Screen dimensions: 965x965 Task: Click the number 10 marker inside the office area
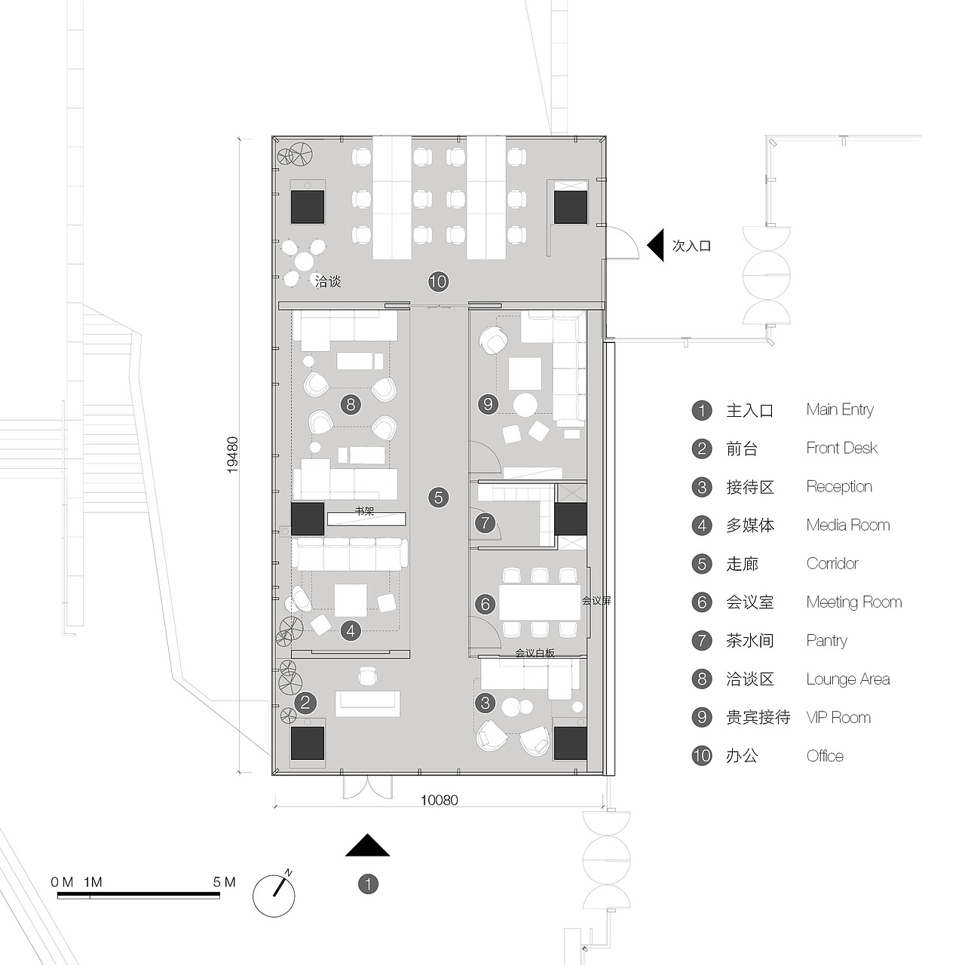tap(438, 282)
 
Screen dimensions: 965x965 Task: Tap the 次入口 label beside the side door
tap(691, 246)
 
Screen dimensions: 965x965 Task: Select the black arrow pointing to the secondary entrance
tap(655, 246)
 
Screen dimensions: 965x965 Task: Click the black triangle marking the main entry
tap(367, 847)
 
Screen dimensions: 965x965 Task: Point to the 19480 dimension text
tap(233, 455)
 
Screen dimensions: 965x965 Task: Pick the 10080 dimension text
tap(439, 800)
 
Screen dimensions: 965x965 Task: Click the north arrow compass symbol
tap(274, 894)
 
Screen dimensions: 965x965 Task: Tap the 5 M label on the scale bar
tap(225, 882)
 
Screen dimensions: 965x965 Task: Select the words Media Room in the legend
tap(847, 525)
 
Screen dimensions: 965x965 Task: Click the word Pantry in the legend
tap(826, 641)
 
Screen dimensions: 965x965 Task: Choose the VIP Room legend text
tap(838, 718)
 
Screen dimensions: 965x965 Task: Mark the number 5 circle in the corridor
tap(438, 498)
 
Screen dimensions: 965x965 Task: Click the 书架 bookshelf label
tap(364, 511)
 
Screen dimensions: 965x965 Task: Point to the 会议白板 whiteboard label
tap(535, 653)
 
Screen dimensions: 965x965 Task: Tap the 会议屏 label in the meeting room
tap(596, 601)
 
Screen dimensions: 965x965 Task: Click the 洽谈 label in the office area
tap(328, 281)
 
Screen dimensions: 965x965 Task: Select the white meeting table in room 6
tap(539, 602)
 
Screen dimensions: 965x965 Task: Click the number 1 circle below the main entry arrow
tap(368, 884)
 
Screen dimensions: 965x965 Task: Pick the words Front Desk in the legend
tap(841, 449)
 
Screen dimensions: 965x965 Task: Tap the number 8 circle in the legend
tap(702, 679)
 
